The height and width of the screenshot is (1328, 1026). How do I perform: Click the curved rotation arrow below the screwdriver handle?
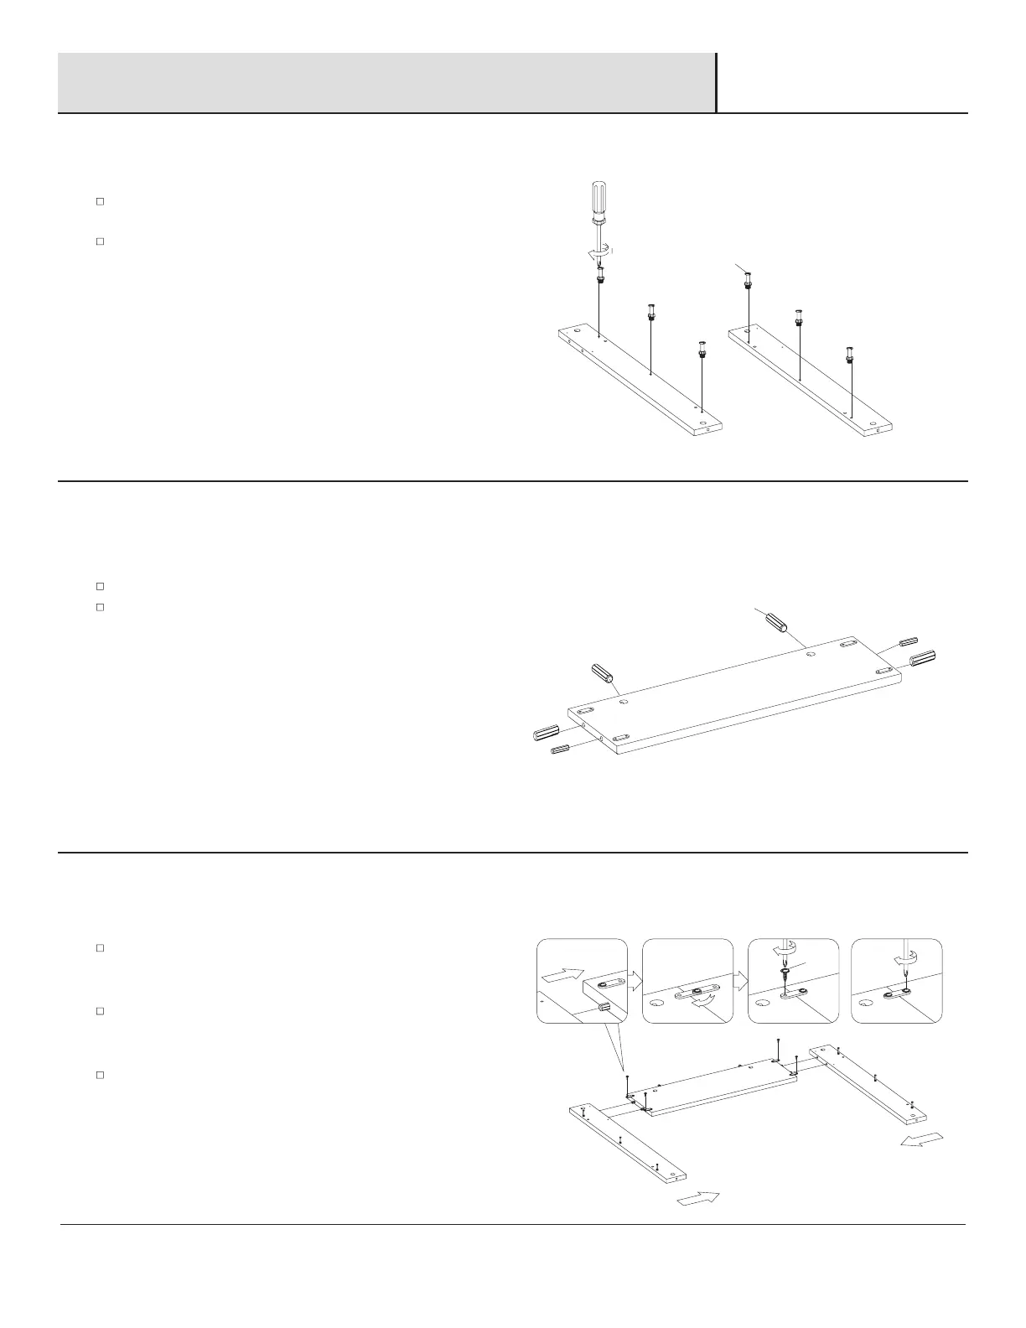click(598, 252)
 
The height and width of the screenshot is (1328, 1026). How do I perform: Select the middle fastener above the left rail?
click(650, 313)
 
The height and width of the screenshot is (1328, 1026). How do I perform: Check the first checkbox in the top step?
click(99, 201)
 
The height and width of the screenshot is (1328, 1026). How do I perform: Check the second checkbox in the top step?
click(99, 241)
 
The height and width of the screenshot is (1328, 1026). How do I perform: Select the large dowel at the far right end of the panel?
click(923, 659)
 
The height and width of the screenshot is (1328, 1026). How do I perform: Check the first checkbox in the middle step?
click(99, 586)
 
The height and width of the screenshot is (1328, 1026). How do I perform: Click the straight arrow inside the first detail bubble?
click(561, 975)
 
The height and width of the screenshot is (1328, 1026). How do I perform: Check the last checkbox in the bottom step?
click(99, 1075)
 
